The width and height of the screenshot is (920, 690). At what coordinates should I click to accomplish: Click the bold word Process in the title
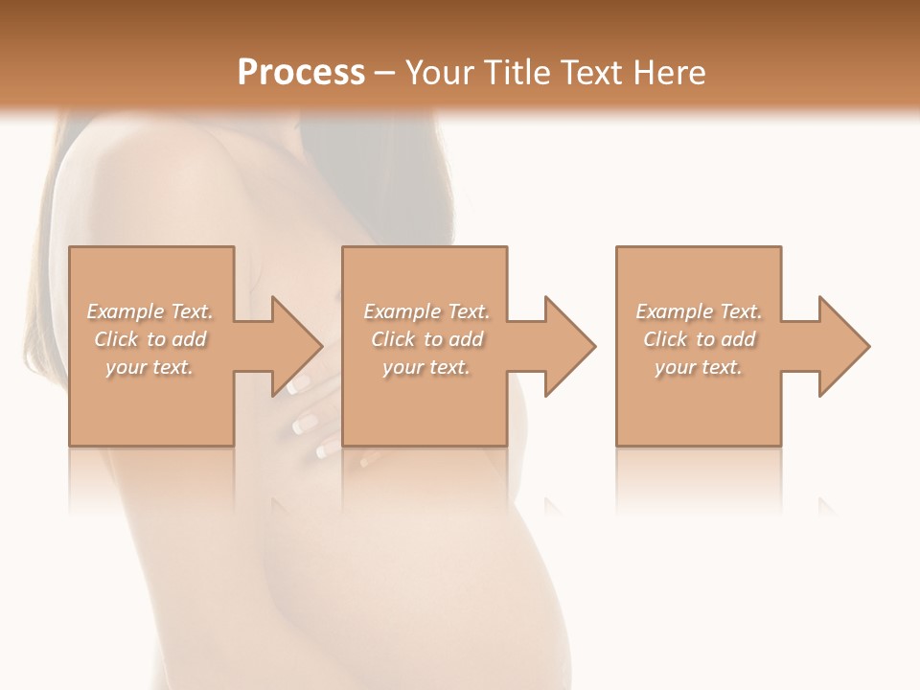coord(301,73)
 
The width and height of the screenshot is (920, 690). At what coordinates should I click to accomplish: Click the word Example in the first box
coord(126,311)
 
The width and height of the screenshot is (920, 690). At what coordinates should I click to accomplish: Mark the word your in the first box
coord(126,367)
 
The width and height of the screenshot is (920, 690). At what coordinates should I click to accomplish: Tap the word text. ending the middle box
coord(448,367)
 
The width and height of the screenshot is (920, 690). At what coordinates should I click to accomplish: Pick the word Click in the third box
coord(665,339)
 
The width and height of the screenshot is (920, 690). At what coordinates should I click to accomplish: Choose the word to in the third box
coord(706,339)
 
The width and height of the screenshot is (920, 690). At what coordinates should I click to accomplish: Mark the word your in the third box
coord(675,367)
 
